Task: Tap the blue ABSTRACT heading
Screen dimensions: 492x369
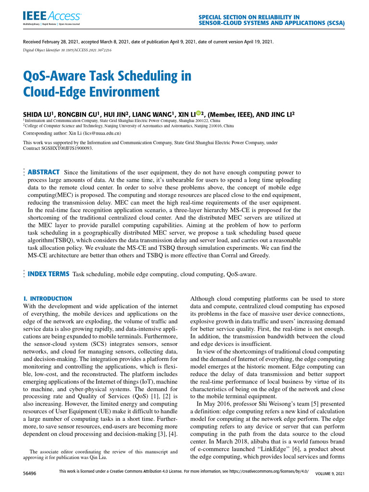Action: [x=44, y=172]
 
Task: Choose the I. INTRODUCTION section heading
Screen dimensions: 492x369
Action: [x=48, y=298]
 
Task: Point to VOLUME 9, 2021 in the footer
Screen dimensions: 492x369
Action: [x=330, y=474]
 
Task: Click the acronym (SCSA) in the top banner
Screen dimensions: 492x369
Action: [x=330, y=23]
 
